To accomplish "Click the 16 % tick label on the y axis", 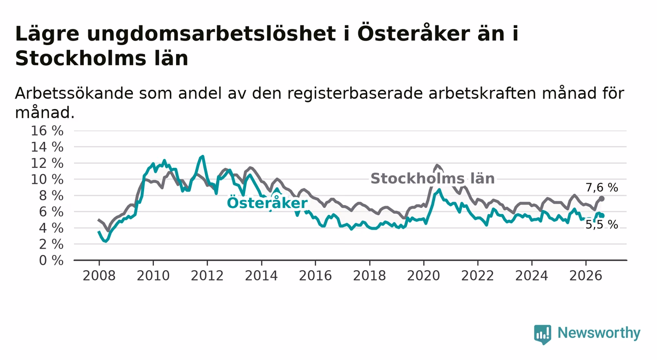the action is tap(47, 130).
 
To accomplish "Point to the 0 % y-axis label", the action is tap(51, 260).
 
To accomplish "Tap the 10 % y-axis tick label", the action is tap(47, 180).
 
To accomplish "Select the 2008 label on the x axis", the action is tap(99, 276).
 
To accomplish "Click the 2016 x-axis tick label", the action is tap(315, 276).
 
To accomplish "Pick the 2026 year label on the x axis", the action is tap(586, 276).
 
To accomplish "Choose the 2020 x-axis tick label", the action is tap(424, 276).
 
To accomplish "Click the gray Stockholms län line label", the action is tap(432, 179).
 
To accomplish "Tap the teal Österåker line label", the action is tap(267, 203).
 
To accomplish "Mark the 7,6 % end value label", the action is tap(602, 187).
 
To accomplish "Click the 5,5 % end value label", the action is tap(602, 225).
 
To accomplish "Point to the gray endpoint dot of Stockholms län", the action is tap(602, 199).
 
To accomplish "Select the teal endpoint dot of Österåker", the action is tap(602, 216).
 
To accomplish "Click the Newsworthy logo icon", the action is tap(543, 334).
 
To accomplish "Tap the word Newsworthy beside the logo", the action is tap(599, 333).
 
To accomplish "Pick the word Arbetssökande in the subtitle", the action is tap(74, 93).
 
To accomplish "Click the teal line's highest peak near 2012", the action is tap(202, 156).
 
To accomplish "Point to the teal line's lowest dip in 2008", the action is tap(105, 241).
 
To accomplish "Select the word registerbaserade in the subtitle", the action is tap(355, 94).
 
